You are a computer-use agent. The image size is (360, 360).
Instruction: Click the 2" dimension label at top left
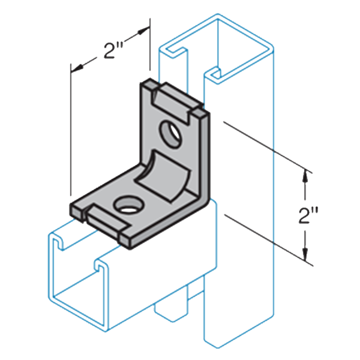109,51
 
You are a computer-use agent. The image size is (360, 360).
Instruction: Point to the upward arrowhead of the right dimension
306,176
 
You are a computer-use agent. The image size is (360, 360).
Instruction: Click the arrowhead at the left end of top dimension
76,67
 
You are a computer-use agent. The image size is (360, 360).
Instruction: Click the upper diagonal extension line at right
264,147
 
